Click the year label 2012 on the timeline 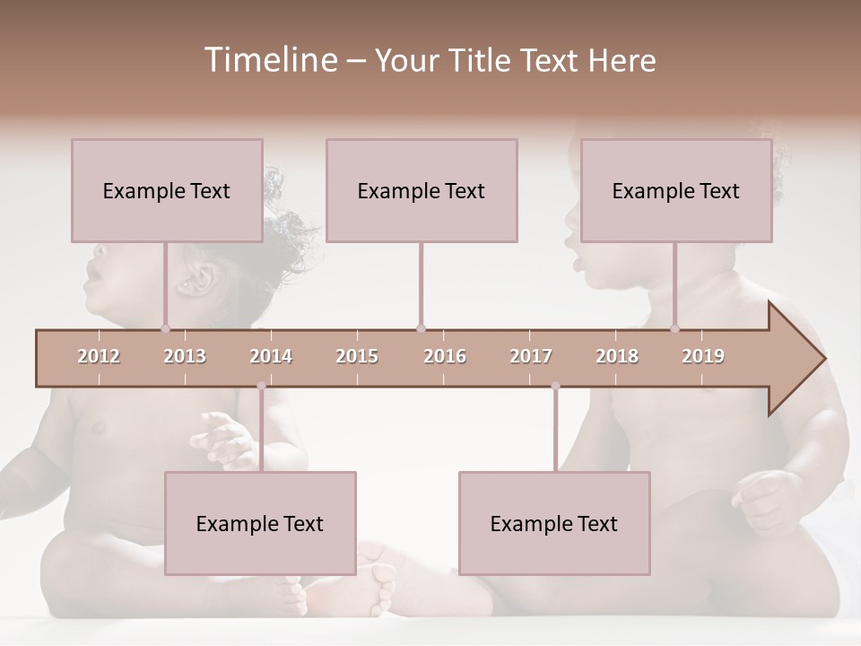(99, 356)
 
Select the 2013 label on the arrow (185, 356)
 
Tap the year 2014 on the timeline (271, 356)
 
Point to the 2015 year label (357, 356)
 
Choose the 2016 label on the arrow (445, 356)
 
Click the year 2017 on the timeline (531, 356)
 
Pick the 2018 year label (617, 356)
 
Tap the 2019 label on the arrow (703, 356)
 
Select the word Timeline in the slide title (268, 60)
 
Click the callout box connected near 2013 (167, 190)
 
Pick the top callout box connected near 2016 (422, 190)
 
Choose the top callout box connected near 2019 (676, 190)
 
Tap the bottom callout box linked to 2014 (260, 523)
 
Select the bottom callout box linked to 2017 (554, 523)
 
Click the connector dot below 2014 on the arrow (261, 386)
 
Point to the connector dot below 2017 (555, 386)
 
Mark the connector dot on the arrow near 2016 (421, 328)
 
